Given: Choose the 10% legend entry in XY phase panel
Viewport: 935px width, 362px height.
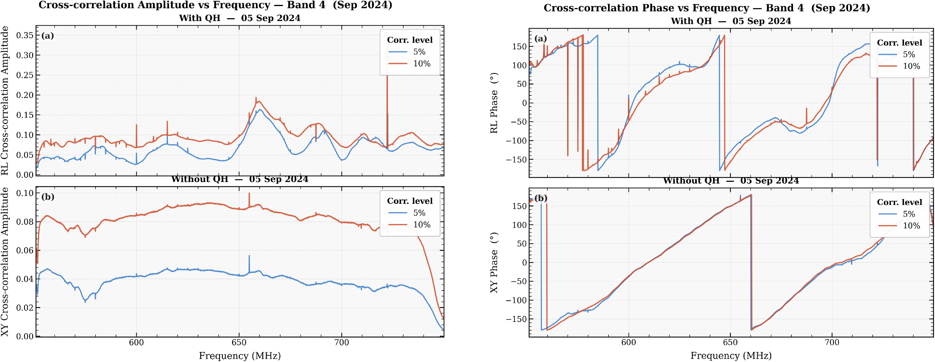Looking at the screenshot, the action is (899, 225).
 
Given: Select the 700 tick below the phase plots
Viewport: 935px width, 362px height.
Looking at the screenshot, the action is (832, 342).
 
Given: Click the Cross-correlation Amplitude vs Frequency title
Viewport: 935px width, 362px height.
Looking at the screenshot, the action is (216, 5).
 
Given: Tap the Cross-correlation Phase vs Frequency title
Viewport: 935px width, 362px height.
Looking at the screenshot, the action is (707, 8).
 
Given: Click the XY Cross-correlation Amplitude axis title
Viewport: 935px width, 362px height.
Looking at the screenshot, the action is (5, 262).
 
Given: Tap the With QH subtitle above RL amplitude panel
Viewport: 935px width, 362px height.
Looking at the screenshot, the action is (240, 18).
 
